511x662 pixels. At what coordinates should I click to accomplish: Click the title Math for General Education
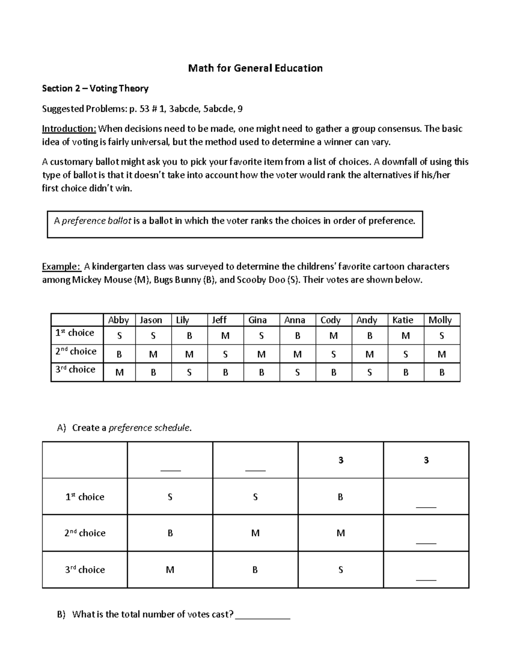point(255,68)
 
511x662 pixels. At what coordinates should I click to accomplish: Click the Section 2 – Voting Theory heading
point(95,89)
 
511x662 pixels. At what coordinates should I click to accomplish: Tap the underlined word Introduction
point(69,129)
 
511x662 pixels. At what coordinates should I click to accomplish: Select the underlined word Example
point(61,267)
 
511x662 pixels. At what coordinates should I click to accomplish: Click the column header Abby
point(118,320)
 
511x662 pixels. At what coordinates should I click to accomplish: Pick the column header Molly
point(440,320)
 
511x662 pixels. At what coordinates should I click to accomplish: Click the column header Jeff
point(219,320)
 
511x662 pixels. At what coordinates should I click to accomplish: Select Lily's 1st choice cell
point(189,336)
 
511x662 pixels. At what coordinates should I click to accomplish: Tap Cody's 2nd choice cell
point(333,354)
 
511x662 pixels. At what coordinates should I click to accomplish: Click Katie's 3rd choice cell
point(405,373)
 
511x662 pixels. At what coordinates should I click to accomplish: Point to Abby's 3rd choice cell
point(120,373)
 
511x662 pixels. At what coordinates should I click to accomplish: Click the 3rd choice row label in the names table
point(75,370)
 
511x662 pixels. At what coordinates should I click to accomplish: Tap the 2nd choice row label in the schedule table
point(85,533)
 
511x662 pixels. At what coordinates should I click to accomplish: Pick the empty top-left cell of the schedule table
point(85,460)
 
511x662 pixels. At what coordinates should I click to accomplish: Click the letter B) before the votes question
point(61,615)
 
